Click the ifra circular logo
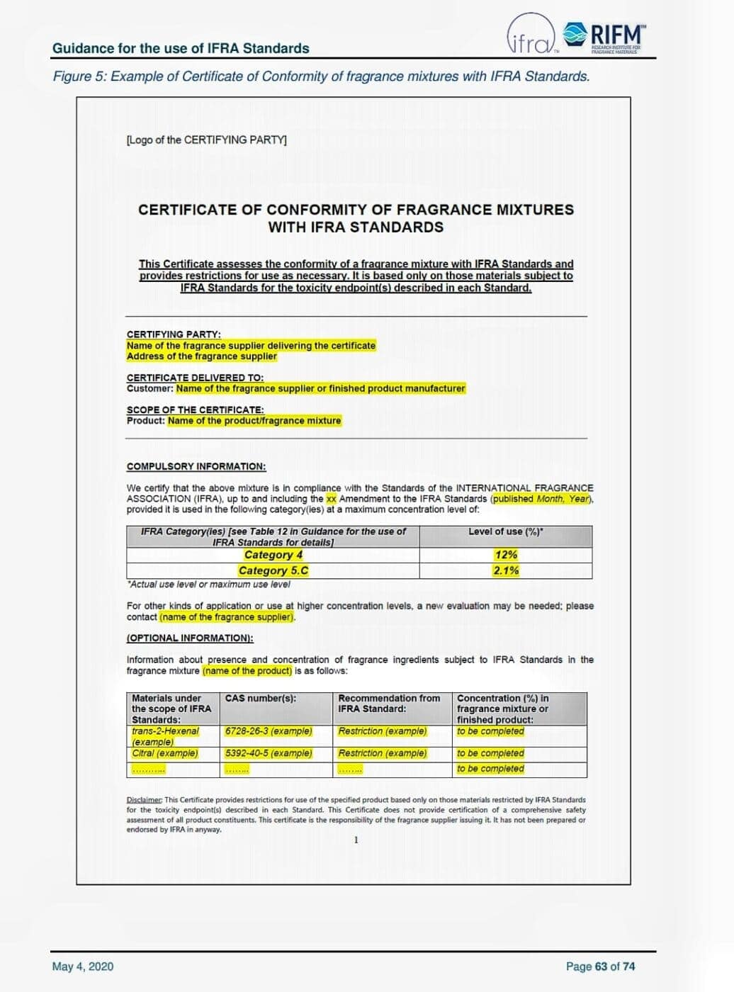tap(530, 34)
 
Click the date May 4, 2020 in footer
tap(82, 966)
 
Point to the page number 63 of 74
tap(600, 966)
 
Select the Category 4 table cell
tap(273, 555)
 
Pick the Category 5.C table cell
tap(273, 570)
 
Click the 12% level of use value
tap(506, 555)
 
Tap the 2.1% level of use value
tap(506, 570)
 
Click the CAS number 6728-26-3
tap(268, 731)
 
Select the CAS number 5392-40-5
tap(268, 753)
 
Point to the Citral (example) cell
tap(165, 753)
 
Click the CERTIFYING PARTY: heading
tap(174, 334)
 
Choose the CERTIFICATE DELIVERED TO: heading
tap(195, 378)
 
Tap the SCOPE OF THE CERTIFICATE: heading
tap(195, 410)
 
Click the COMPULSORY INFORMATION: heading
tap(196, 466)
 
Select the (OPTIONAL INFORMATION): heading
tap(190, 638)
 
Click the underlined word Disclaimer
tap(145, 800)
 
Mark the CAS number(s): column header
tap(260, 699)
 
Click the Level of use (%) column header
tap(506, 531)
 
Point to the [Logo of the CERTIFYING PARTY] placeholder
tap(206, 140)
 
